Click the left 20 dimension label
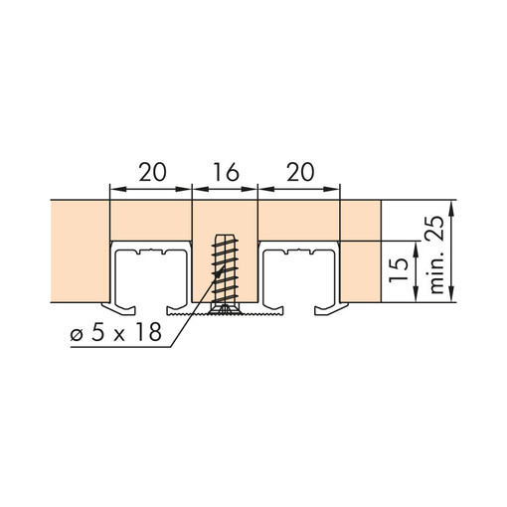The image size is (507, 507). pyautogui.click(x=152, y=172)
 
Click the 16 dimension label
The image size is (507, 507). pyautogui.click(x=226, y=172)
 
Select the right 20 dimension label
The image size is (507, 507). pyautogui.click(x=300, y=172)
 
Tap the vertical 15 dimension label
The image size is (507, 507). pyautogui.click(x=399, y=270)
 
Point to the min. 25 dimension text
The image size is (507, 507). pyautogui.click(x=436, y=254)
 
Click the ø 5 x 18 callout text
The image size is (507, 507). pyautogui.click(x=116, y=332)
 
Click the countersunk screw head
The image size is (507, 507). pyautogui.click(x=225, y=308)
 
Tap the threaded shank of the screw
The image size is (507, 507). pyautogui.click(x=225, y=268)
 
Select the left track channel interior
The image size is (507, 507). pyautogui.click(x=151, y=278)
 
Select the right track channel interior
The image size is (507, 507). pyautogui.click(x=299, y=278)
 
